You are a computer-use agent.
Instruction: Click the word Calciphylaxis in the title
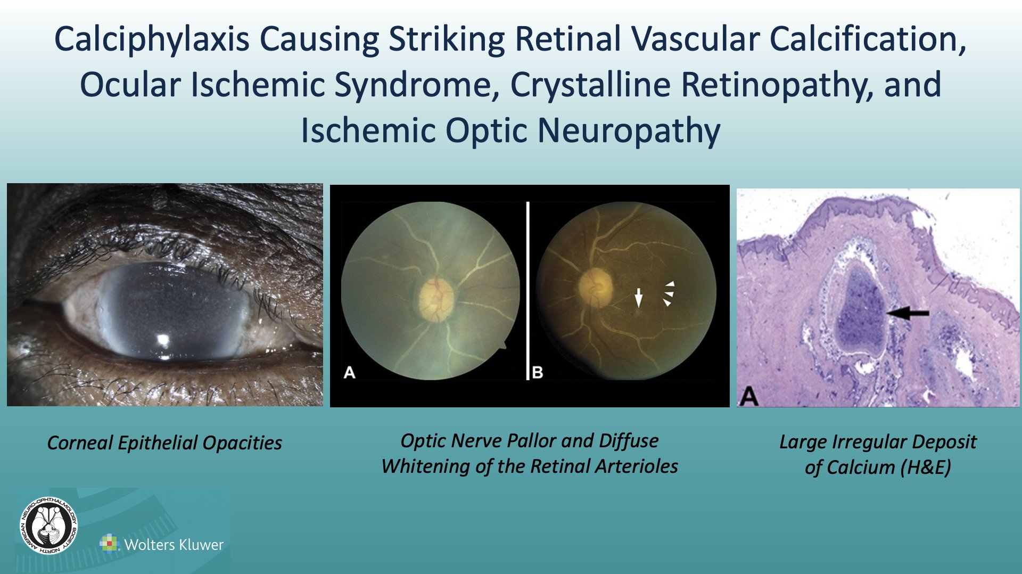tap(152, 40)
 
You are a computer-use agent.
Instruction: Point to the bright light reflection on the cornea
tap(163, 339)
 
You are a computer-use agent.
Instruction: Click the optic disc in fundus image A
tap(437, 300)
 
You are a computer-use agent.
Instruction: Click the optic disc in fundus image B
tap(596, 288)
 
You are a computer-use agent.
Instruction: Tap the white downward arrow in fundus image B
tap(638, 298)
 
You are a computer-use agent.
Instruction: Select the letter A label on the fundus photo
tap(349, 372)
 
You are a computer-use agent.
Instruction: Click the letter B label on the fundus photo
tap(538, 372)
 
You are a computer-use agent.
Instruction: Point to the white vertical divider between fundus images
tap(528, 290)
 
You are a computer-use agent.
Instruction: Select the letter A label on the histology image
tap(748, 396)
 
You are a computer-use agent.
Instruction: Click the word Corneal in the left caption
tap(80, 443)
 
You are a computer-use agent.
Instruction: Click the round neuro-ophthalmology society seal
tap(49, 526)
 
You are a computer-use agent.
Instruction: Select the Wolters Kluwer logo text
tap(174, 545)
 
